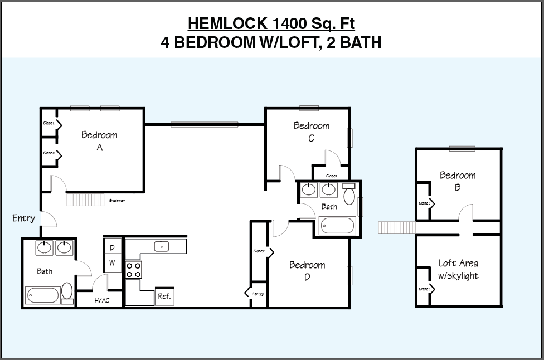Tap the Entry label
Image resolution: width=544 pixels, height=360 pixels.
point(23,218)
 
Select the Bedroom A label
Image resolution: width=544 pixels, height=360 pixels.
point(99,141)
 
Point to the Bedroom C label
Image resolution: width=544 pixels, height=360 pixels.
point(312,132)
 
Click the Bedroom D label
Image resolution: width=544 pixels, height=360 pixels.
point(307,271)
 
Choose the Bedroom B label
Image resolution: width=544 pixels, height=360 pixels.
point(458,181)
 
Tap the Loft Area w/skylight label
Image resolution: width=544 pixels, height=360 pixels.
point(458,269)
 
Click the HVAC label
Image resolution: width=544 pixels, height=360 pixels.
point(101,300)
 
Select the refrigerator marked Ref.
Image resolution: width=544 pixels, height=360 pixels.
point(164,296)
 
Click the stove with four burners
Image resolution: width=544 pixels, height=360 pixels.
point(133,270)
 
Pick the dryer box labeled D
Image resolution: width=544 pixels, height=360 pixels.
point(112,247)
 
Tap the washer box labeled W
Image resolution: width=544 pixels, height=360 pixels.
point(112,262)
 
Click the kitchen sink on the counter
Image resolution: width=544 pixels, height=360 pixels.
point(162,246)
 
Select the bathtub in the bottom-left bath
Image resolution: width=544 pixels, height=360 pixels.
point(42,294)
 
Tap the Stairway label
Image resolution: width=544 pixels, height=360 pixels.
point(116,200)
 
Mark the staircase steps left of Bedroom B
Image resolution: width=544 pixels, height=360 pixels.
point(396,227)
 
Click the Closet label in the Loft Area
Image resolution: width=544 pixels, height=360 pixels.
point(424,289)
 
